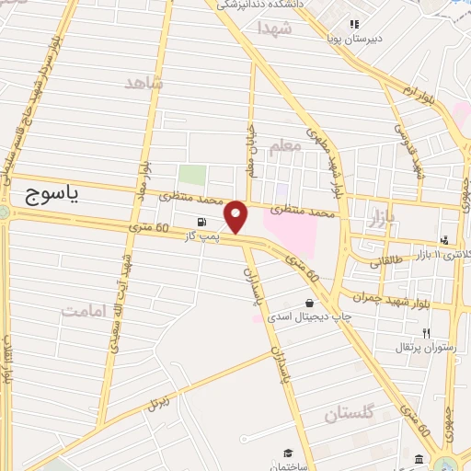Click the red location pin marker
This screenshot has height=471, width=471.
(x=236, y=217)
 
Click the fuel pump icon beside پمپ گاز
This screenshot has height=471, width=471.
(x=201, y=222)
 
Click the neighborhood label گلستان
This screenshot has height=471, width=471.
(x=350, y=415)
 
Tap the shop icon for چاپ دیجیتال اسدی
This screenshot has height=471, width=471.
(x=308, y=302)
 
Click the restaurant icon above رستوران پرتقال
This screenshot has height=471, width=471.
(x=425, y=332)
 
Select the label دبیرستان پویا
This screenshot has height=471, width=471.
(x=353, y=40)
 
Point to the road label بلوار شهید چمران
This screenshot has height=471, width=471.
(x=396, y=296)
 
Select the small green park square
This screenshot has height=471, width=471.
(x=191, y=175)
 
